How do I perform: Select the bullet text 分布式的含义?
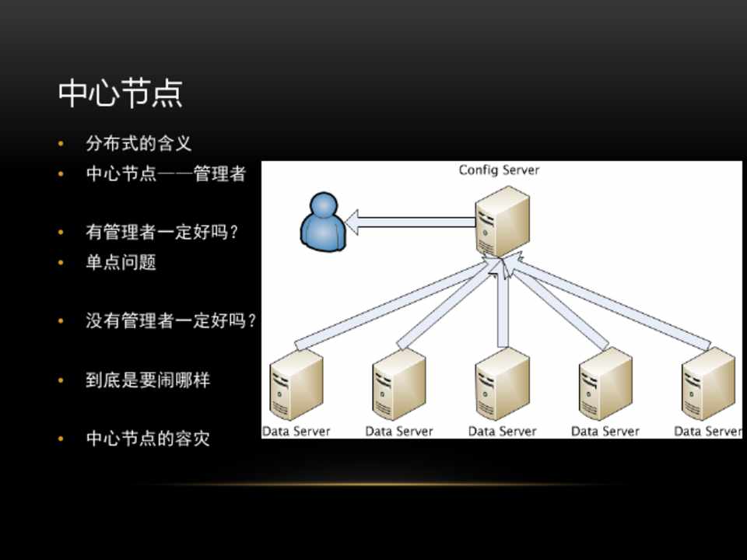pos(139,144)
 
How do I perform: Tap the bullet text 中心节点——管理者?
pos(166,173)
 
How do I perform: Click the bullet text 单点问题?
pos(121,263)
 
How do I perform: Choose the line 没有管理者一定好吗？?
pos(170,320)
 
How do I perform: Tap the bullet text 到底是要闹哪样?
pos(148,380)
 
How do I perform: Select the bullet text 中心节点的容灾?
pos(148,439)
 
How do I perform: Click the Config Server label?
pos(499,170)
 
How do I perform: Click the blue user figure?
pos(321,223)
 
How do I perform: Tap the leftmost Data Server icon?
pos(296,384)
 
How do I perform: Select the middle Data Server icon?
pos(502,384)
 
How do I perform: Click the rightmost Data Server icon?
pos(707,384)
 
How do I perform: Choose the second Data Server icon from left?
pos(398,384)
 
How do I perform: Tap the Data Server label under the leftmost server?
pos(296,431)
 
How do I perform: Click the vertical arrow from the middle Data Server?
pos(503,307)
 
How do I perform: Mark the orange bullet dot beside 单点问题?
pos(61,263)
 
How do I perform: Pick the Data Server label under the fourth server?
pos(605,431)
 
